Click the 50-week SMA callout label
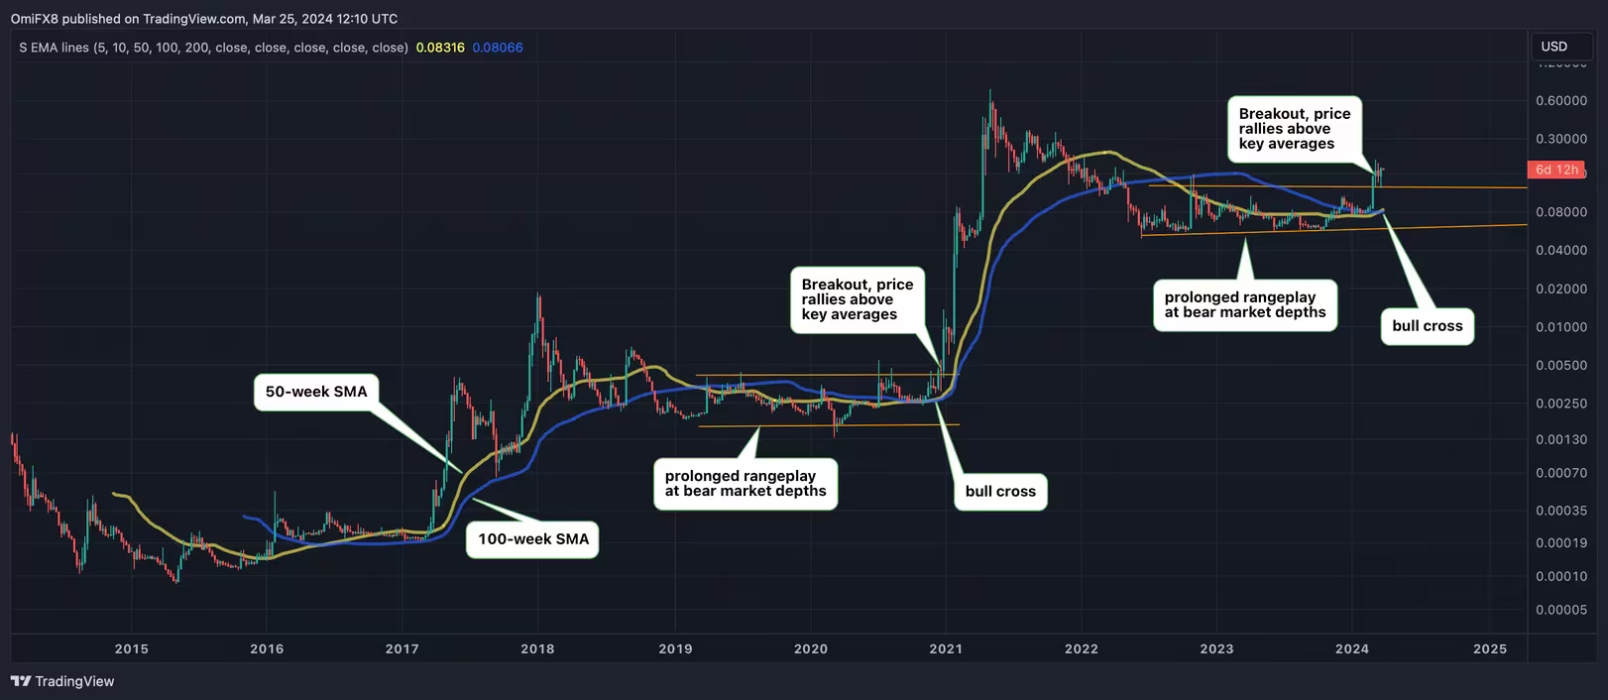click(x=316, y=392)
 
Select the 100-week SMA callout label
click(x=532, y=539)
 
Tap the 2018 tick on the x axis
click(x=537, y=648)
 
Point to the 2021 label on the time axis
click(x=946, y=648)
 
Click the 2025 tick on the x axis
click(x=1490, y=648)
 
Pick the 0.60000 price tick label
click(x=1560, y=101)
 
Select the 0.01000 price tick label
click(x=1560, y=327)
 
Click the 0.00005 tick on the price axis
click(x=1560, y=610)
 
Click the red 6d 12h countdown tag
click(x=1555, y=170)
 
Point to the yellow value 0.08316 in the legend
click(x=440, y=48)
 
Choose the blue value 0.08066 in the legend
click(x=498, y=48)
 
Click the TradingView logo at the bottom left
click(x=62, y=681)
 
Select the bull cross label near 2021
click(x=1000, y=492)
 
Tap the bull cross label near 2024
click(x=1427, y=326)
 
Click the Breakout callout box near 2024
click(x=1294, y=129)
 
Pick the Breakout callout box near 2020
click(x=857, y=299)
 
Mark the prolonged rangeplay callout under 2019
click(x=745, y=484)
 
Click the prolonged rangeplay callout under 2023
click(x=1244, y=304)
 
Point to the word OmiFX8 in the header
click(x=35, y=19)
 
